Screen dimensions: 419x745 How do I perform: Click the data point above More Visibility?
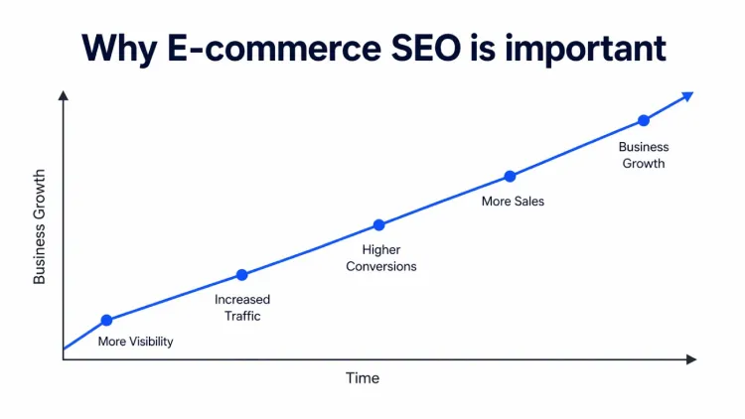click(x=107, y=320)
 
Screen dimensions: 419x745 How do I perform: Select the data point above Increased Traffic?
click(x=241, y=275)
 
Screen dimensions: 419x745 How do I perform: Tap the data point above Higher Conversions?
click(x=378, y=225)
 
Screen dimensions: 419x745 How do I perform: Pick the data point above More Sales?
click(x=510, y=176)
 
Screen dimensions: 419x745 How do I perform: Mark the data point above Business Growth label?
click(x=644, y=120)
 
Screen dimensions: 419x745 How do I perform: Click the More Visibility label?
click(x=135, y=342)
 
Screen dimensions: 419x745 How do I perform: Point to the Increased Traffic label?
click(x=242, y=308)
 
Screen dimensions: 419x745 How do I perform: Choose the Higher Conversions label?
click(x=380, y=258)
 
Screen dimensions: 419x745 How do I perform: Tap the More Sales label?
click(x=513, y=202)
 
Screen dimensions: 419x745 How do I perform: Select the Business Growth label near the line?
click(x=645, y=155)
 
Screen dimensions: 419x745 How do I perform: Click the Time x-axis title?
click(x=363, y=378)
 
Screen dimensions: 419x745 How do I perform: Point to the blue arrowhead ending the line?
click(x=687, y=95)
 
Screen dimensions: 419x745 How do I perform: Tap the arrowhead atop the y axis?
click(x=63, y=95)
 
